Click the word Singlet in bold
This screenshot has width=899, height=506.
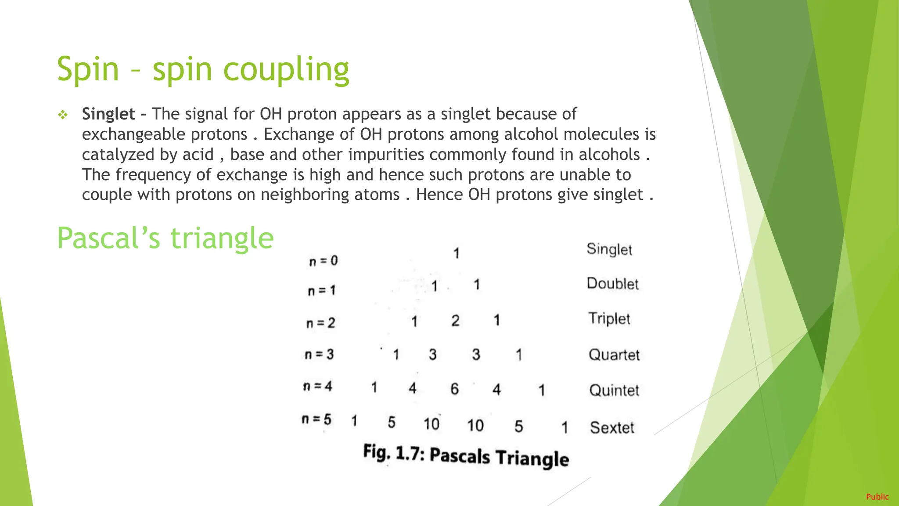click(108, 114)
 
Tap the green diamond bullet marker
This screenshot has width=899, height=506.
click(63, 115)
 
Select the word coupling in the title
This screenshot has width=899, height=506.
click(286, 69)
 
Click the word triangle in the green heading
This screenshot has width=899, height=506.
click(222, 238)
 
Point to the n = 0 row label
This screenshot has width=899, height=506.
click(324, 261)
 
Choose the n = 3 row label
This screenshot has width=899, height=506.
click(319, 354)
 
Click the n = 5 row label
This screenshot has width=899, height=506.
click(316, 419)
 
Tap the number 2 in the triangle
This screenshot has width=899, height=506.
click(455, 321)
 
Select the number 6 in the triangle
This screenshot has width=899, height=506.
click(454, 389)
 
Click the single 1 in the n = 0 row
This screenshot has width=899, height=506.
click(457, 253)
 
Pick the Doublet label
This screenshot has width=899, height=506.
click(612, 284)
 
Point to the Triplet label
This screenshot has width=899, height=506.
click(609, 318)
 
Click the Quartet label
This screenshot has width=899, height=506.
click(614, 354)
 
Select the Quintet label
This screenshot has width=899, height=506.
click(614, 390)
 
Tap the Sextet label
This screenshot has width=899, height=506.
click(612, 427)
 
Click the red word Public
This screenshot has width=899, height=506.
click(877, 497)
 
